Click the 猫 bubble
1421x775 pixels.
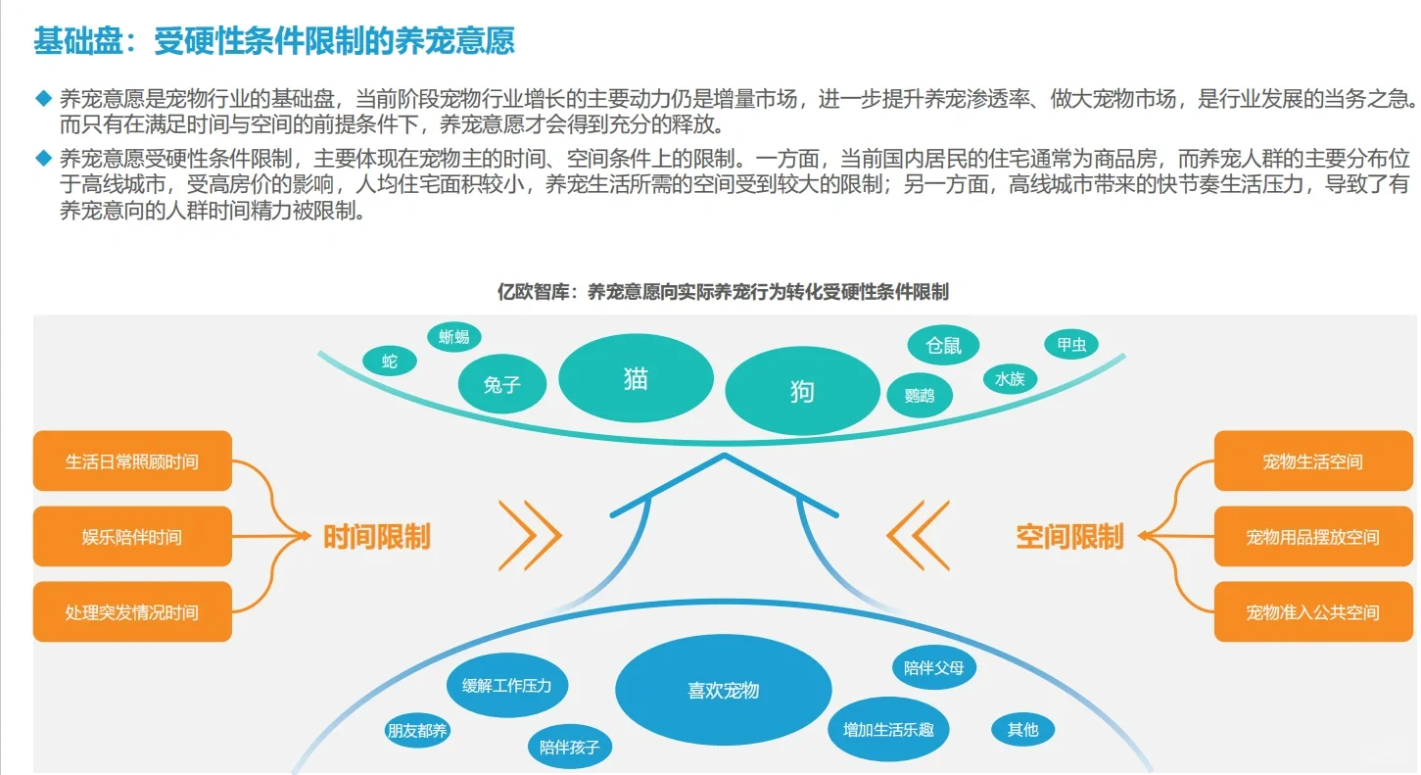click(x=636, y=379)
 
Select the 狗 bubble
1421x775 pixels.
click(x=802, y=392)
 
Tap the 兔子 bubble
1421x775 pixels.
click(x=502, y=385)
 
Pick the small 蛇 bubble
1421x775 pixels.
click(x=389, y=362)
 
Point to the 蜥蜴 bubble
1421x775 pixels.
click(x=453, y=337)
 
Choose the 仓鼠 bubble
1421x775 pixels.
click(x=943, y=345)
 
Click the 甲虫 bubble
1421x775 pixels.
click(x=1070, y=344)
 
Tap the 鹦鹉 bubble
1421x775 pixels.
click(x=920, y=395)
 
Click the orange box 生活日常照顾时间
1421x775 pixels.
click(x=132, y=460)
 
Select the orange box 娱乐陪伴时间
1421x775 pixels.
click(x=132, y=536)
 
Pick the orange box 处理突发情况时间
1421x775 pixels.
click(x=132, y=612)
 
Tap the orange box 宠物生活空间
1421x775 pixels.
click(x=1312, y=460)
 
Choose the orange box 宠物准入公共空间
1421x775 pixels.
click(x=1312, y=612)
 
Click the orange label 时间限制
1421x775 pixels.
click(x=376, y=537)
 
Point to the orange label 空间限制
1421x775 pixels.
click(x=1068, y=537)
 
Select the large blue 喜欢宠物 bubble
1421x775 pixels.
click(x=724, y=691)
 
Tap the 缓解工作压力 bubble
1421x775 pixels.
click(x=506, y=685)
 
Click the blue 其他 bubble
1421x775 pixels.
click(x=1022, y=729)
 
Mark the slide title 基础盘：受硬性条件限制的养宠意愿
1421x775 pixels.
click(x=274, y=41)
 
